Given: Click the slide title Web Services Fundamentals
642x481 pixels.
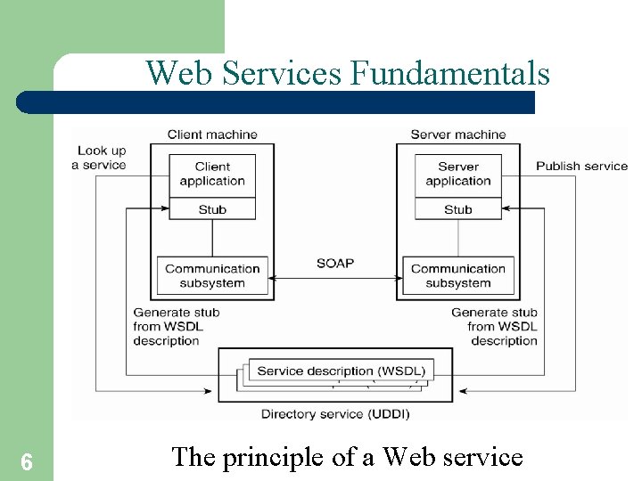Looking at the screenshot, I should [x=348, y=72].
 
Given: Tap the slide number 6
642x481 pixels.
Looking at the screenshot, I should [x=27, y=461].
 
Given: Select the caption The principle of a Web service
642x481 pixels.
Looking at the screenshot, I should [x=347, y=457].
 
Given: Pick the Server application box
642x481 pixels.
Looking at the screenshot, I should [x=458, y=174].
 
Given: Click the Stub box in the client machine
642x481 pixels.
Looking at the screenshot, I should [x=212, y=209].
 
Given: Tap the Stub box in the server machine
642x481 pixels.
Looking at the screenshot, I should [x=458, y=209].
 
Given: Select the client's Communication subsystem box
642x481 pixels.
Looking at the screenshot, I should [x=212, y=276].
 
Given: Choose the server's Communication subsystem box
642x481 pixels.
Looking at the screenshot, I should [x=458, y=276].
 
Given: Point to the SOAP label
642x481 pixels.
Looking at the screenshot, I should [x=335, y=263].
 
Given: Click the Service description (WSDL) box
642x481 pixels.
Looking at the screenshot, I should [x=341, y=371].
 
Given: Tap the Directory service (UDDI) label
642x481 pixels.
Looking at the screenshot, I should [x=335, y=413].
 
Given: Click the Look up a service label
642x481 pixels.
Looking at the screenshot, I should [x=102, y=158].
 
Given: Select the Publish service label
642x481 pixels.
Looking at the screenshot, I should [x=581, y=166].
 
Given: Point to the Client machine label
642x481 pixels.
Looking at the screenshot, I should [x=212, y=135].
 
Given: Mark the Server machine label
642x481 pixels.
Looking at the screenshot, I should [x=458, y=135].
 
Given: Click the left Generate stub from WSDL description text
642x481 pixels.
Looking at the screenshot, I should [x=176, y=326].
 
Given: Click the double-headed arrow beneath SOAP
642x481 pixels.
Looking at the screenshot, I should [x=335, y=280].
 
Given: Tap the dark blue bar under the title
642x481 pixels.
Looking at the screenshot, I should [x=276, y=102].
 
